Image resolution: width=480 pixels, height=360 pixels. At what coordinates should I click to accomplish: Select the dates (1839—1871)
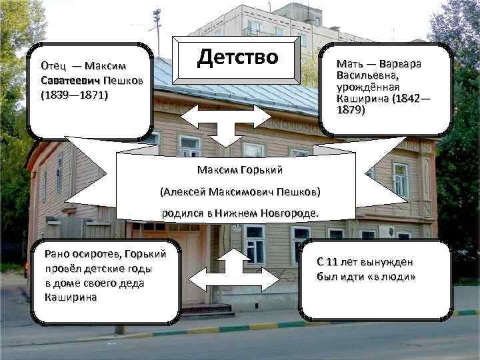75,95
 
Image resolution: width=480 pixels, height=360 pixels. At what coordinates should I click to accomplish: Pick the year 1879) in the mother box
352,110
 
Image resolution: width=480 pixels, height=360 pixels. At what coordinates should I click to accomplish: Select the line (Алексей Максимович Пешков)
240,192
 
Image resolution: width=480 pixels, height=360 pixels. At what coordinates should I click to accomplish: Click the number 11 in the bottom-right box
332,261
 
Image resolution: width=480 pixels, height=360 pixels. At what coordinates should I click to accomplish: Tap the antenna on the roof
157,27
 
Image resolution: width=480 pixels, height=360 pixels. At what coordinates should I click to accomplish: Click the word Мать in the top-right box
351,65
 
